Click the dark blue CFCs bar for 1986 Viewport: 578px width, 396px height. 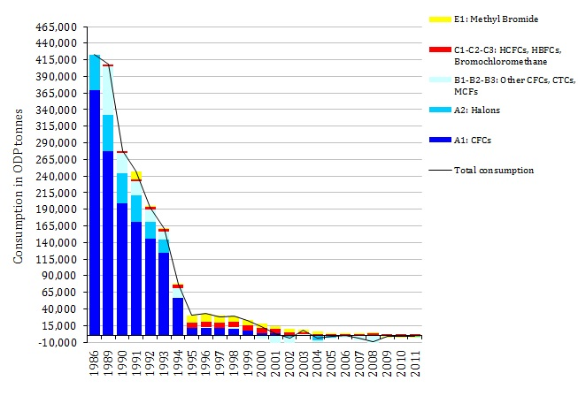click(95, 212)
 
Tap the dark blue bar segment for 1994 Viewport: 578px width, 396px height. click(178, 316)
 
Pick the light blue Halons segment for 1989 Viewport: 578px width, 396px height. click(108, 133)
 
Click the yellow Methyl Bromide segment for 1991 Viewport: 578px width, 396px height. click(136, 175)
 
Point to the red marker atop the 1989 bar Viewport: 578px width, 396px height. click(108, 65)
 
